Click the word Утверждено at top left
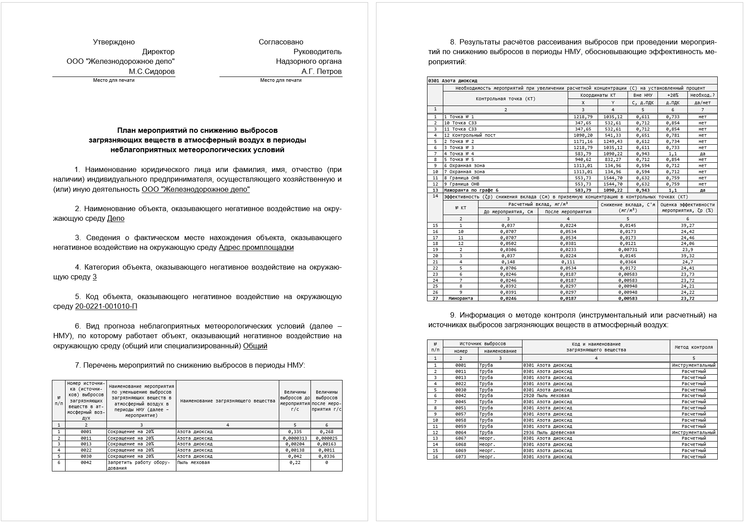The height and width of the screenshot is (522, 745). point(113,42)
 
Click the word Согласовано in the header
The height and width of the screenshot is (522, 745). point(281,42)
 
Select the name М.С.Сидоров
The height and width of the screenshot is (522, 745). point(151,71)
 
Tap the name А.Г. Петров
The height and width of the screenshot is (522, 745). point(321,71)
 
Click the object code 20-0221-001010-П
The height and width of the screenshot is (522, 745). point(106,306)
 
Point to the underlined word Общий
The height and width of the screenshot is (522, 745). point(255,346)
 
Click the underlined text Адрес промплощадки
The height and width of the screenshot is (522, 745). point(256,247)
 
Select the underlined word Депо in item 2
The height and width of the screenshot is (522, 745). point(116,218)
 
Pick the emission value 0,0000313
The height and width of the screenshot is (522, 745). point(295,438)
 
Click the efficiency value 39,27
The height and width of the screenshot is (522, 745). point(687,225)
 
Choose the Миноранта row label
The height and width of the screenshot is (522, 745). point(460,298)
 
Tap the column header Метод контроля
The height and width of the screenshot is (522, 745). point(694,347)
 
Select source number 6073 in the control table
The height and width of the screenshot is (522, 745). point(460,456)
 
